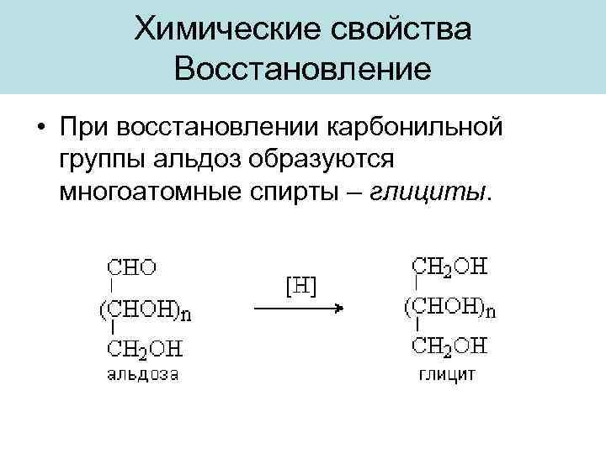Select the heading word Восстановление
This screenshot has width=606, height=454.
[303, 68]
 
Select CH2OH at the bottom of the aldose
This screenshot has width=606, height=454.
[145, 348]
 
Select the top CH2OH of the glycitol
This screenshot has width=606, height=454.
[450, 267]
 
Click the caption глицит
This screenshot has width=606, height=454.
[447, 372]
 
